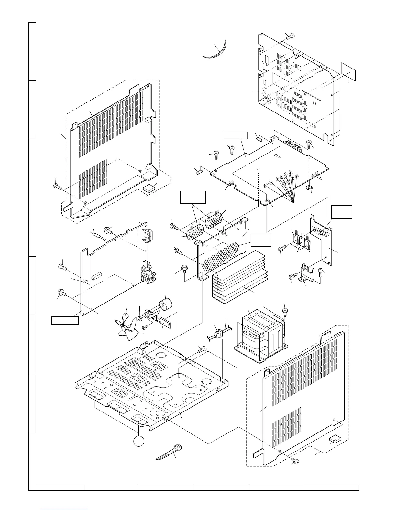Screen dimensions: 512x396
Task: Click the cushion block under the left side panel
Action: (x=149, y=188)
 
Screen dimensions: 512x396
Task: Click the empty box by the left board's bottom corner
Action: (x=65, y=320)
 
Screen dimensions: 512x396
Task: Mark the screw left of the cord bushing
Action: (x=202, y=348)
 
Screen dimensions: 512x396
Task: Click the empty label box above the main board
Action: (x=236, y=135)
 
